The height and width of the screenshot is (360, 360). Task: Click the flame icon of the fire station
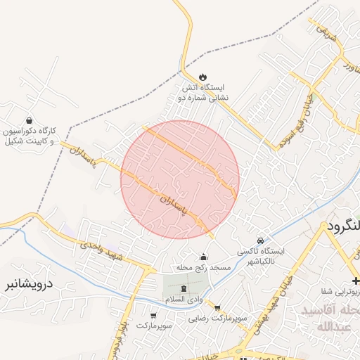(x=204, y=77)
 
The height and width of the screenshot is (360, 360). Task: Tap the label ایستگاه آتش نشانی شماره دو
(x=203, y=93)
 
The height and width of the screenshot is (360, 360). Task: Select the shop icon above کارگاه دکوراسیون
(x=29, y=120)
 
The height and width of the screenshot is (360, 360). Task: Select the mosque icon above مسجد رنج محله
(x=204, y=257)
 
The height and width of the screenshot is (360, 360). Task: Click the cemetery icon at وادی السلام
(x=184, y=288)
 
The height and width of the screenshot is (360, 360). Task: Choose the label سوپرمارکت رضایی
(x=217, y=319)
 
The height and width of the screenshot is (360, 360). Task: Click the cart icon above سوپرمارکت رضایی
(x=217, y=307)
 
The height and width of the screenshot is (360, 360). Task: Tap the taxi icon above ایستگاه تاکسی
(x=261, y=240)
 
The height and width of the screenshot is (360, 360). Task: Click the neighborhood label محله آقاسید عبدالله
(x=330, y=319)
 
